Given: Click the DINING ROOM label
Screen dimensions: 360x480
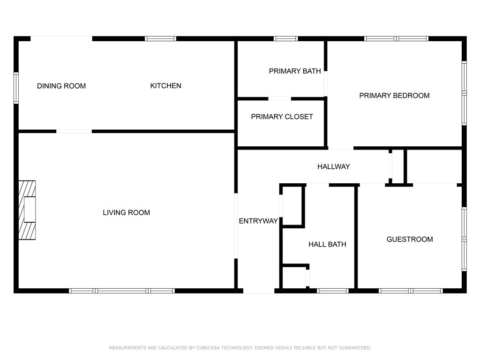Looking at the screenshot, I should click(x=61, y=86).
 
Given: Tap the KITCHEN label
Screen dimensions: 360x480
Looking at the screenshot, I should click(x=165, y=86).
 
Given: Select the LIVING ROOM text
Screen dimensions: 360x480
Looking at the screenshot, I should click(x=126, y=213).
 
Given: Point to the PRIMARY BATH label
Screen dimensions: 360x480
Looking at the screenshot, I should click(x=294, y=71).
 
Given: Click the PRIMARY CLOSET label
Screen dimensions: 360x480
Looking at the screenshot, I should click(x=282, y=117).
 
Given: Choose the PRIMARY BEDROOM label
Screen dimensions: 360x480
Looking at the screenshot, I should click(x=394, y=96).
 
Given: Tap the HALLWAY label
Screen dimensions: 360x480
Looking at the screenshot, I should click(x=333, y=166).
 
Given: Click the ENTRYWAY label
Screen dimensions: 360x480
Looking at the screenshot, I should click(x=258, y=221).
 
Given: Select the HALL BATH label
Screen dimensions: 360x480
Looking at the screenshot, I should click(x=327, y=244).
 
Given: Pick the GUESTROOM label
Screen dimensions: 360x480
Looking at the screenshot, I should click(x=409, y=240).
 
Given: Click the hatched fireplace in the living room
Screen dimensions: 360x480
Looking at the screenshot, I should click(x=27, y=210).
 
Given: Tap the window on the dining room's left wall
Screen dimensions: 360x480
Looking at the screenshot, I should click(x=16, y=88).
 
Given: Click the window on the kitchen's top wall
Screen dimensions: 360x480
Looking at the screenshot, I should click(x=160, y=38).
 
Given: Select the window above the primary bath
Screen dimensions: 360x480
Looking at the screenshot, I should click(x=285, y=38).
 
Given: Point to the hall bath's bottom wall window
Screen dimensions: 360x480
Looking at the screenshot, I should click(x=332, y=291).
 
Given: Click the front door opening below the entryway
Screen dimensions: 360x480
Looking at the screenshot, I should click(x=258, y=291).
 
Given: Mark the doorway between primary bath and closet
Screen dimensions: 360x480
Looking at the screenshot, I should click(x=279, y=99).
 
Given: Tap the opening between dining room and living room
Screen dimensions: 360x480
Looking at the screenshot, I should click(x=74, y=131).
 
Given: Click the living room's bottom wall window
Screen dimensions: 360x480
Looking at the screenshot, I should click(x=122, y=291).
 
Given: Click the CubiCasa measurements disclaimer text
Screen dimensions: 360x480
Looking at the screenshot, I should click(x=240, y=348).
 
